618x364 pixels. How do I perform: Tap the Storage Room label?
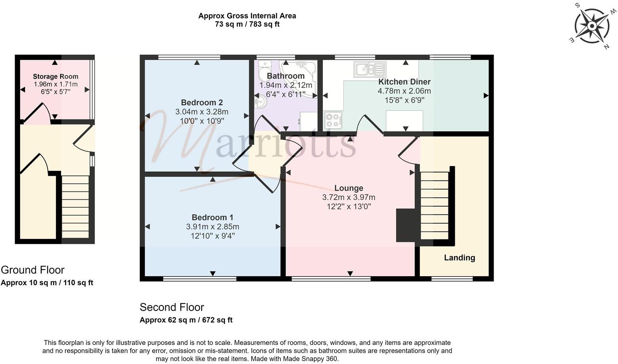pos(55,76)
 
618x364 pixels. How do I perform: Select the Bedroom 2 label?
pos(202,102)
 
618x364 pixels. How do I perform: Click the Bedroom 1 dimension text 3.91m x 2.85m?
pos(212,227)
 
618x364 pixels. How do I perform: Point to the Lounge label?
pos(349,188)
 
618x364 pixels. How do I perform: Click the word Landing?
pos(459,258)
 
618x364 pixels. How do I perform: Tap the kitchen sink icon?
pos(370,69)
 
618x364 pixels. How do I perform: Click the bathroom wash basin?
pos(261,102)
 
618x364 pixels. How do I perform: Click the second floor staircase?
pos(434,205)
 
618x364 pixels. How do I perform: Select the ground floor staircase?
pos(75,207)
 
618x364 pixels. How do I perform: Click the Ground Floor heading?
pos(32,270)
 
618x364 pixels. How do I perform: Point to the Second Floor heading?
pos(172,307)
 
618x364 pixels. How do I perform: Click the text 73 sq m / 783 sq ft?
pos(247,24)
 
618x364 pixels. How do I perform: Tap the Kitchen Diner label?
pos(404,82)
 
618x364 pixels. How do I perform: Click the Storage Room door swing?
pos(38,114)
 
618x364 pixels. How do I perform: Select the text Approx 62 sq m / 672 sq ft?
pos(186,320)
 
